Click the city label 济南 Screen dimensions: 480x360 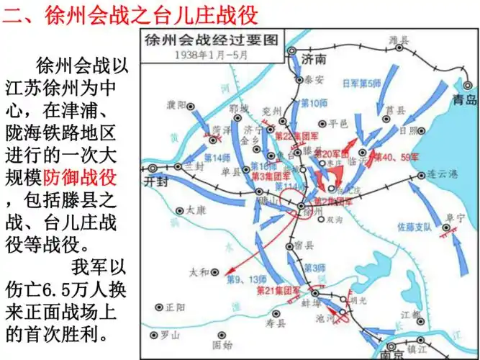315,58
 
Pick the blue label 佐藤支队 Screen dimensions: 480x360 415,228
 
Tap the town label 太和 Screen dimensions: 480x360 199,272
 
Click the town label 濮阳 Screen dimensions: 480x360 176,106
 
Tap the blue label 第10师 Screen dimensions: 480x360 313,103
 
